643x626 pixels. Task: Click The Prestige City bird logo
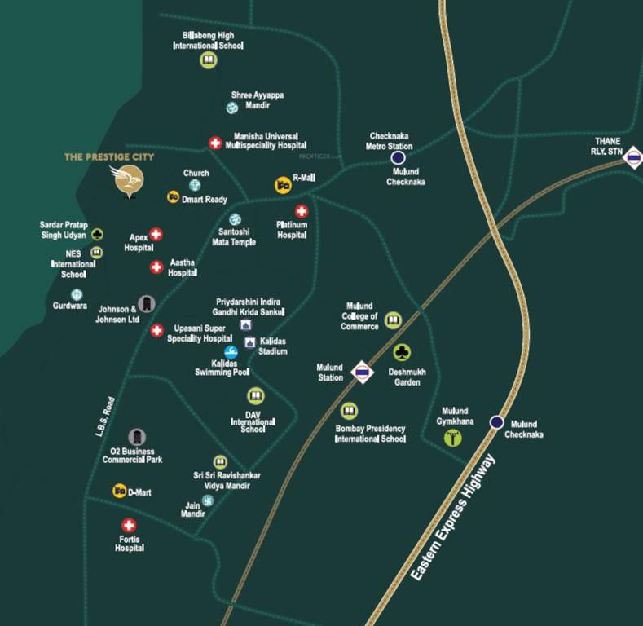pos(129,181)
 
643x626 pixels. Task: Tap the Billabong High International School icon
pos(208,60)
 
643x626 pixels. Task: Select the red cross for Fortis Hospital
pos(129,526)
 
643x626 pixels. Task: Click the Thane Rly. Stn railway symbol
pos(632,159)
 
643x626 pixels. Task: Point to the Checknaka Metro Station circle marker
pos(398,158)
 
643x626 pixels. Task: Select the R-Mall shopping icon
pos(282,184)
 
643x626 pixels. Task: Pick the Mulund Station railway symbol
pos(363,373)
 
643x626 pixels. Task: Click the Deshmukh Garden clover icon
pos(402,352)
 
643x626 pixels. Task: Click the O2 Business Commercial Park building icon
pos(138,437)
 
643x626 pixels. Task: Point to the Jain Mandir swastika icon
pos(207,500)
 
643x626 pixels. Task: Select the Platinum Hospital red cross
pos(302,212)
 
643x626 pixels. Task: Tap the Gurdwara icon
pos(77,294)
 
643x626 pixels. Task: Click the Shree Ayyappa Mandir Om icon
pos(231,108)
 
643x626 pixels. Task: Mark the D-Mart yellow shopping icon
pos(119,491)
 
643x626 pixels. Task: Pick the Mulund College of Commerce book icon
pos(393,320)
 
